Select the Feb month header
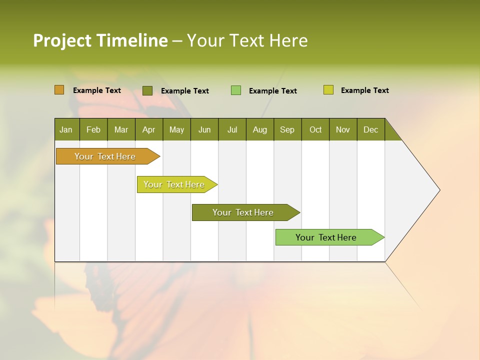pyautogui.click(x=93, y=129)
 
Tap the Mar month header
pyautogui.click(x=121, y=129)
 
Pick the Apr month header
pyautogui.click(x=149, y=129)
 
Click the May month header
pyautogui.click(x=176, y=129)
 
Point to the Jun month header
pyautogui.click(x=204, y=129)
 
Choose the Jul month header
pyautogui.click(x=232, y=129)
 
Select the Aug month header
pyautogui.click(x=260, y=129)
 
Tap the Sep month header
pyautogui.click(x=287, y=129)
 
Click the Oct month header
pyautogui.click(x=315, y=129)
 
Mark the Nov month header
pyautogui.click(x=343, y=129)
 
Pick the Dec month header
pyautogui.click(x=371, y=129)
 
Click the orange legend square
pyautogui.click(x=59, y=90)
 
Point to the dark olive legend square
pyautogui.click(x=147, y=90)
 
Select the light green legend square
pyautogui.click(x=236, y=90)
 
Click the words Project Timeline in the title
pyautogui.click(x=100, y=40)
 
